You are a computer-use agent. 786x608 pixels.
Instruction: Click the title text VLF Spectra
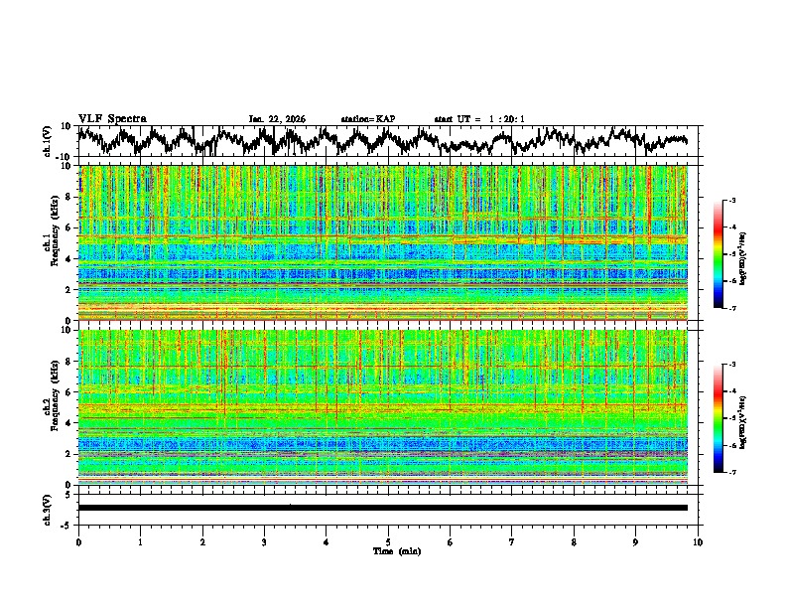coord(110,119)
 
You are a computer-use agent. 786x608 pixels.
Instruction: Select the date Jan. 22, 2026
coord(277,119)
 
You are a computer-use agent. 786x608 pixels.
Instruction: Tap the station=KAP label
coord(367,119)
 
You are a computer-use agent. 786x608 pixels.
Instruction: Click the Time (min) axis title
coord(388,550)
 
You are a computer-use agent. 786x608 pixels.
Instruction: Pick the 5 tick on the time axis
coord(388,541)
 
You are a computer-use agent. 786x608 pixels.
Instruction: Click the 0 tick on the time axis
coord(78,541)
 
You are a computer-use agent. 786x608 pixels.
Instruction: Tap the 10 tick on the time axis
coord(698,541)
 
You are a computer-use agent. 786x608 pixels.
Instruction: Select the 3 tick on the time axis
coord(264,541)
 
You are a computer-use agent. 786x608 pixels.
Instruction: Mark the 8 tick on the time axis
coord(574,541)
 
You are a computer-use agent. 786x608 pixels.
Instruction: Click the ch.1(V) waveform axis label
coord(48,141)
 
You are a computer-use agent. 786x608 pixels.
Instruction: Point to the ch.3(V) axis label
coord(48,508)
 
